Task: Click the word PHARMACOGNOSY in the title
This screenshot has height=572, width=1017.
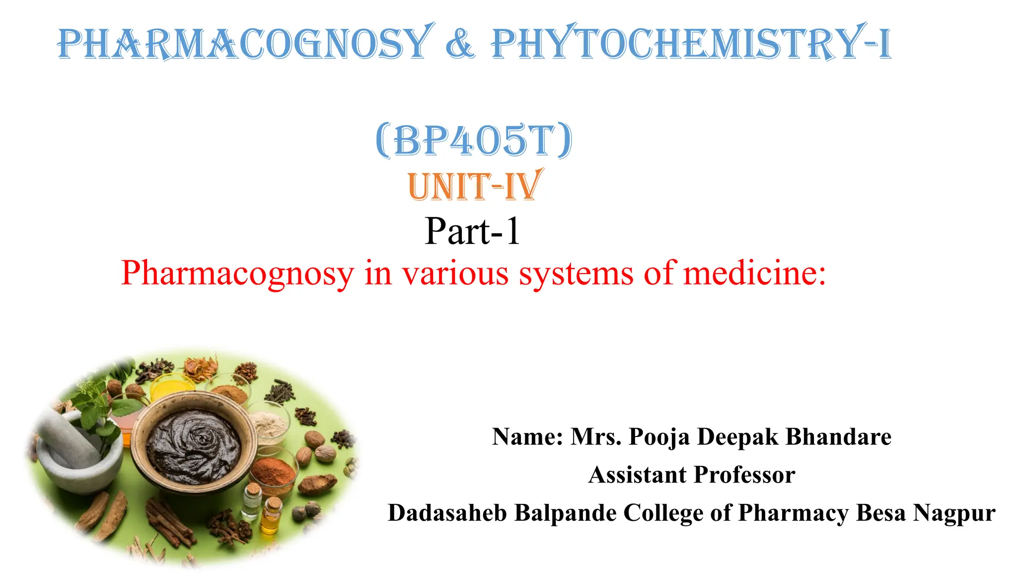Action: coord(243,44)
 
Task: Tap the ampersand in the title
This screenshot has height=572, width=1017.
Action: coord(460,44)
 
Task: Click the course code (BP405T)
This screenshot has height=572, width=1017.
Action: coord(474,141)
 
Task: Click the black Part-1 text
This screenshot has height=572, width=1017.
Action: coord(472,231)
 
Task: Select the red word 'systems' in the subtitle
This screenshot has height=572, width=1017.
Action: coord(576,274)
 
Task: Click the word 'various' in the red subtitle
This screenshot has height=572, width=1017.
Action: coord(455,274)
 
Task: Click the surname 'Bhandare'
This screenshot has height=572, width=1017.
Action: coord(839,437)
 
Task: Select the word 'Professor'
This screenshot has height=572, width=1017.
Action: coord(744,475)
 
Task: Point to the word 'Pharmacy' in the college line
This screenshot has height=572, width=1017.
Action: coord(793,513)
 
